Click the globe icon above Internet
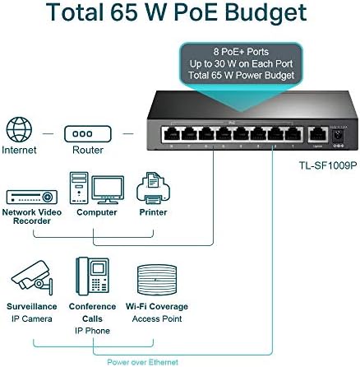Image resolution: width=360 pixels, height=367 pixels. coord(19,129)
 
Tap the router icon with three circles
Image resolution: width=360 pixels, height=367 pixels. coord(88,134)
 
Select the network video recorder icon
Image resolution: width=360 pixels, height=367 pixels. coord(32,197)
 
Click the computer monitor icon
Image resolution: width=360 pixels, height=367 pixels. coord(108,190)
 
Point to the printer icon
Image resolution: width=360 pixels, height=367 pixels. coord(153,188)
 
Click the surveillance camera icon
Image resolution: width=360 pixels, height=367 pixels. coord(32,277)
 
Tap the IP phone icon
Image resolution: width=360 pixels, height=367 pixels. coord(92,276)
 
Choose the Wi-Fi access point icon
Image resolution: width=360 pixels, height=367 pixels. coord(157,280)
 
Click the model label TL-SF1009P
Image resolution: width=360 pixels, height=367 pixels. coord(327,165)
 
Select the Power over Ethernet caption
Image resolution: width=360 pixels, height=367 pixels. coord(142,362)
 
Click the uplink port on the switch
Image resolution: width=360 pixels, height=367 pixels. coord(317,134)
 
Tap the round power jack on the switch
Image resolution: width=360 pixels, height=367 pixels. coord(338,135)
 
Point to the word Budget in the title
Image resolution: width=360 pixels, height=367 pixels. coord(265,13)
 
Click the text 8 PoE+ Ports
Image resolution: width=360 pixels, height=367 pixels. coord(241,52)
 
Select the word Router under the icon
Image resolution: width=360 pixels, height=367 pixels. coord(88,150)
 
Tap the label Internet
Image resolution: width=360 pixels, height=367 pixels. coord(19,150)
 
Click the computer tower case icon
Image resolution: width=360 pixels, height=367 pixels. coord(79,188)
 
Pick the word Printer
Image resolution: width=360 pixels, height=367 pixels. coord(153,212)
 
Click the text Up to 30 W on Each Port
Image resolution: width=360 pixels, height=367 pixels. coord(241,63)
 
